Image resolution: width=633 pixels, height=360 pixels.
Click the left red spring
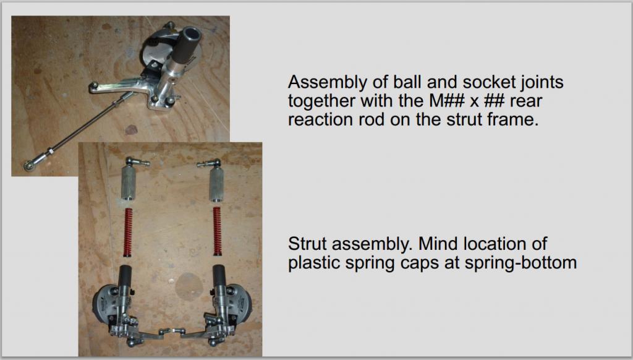(x=128, y=233)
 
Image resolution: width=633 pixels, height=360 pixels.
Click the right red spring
(x=217, y=231)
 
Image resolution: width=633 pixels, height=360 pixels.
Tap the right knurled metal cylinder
(x=216, y=184)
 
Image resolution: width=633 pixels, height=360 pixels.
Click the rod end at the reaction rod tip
(x=30, y=165)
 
